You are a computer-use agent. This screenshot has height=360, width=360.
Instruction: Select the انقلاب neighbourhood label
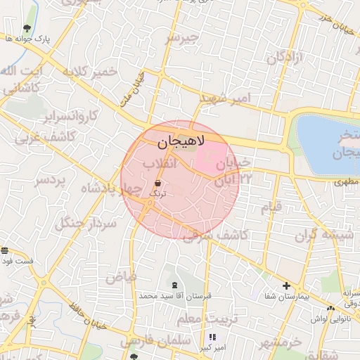[x=159, y=164]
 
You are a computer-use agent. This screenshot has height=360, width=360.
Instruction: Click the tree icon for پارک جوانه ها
[x=27, y=28]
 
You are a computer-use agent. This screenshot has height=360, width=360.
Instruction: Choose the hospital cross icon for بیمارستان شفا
[x=286, y=285]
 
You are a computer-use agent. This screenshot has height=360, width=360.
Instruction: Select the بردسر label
[x=50, y=181]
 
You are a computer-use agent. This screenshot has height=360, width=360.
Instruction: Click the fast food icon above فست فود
[x=5, y=250]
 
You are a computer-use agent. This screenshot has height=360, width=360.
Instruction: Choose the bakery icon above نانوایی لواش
[x=330, y=308]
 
